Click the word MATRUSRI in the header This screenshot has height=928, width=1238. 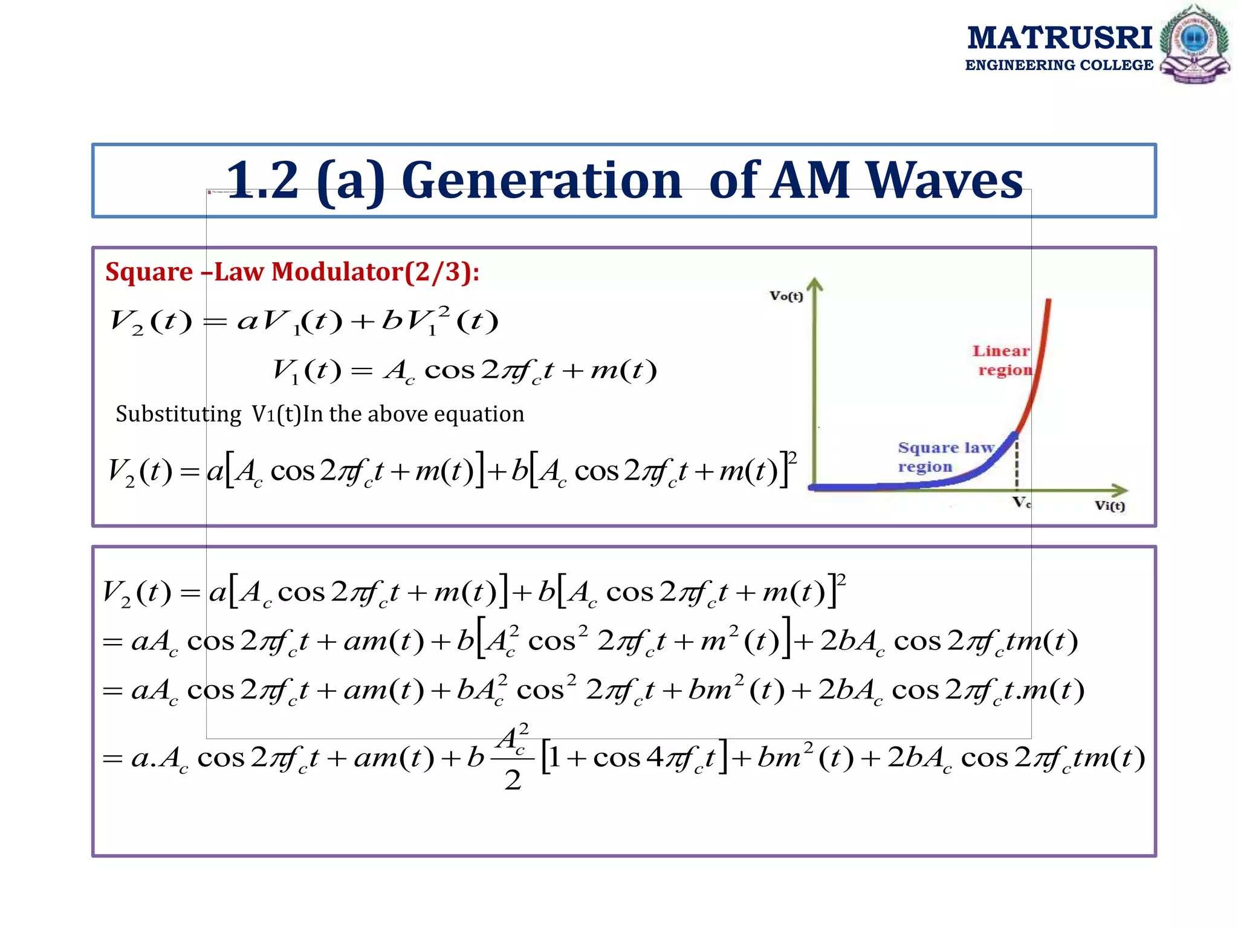[1059, 37]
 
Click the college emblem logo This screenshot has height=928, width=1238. [1194, 44]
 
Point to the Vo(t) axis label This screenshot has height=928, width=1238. [786, 296]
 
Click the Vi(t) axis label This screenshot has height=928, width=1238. [1110, 506]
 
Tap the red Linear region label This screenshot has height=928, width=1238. [1002, 360]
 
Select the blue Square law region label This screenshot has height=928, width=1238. [944, 457]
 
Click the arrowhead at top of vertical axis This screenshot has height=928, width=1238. [815, 284]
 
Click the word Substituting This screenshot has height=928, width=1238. [178, 414]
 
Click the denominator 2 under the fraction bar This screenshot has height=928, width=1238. [513, 780]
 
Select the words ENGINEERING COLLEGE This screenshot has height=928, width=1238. [1059, 65]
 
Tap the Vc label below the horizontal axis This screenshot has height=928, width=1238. [1022, 503]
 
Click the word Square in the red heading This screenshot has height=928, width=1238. [149, 272]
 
